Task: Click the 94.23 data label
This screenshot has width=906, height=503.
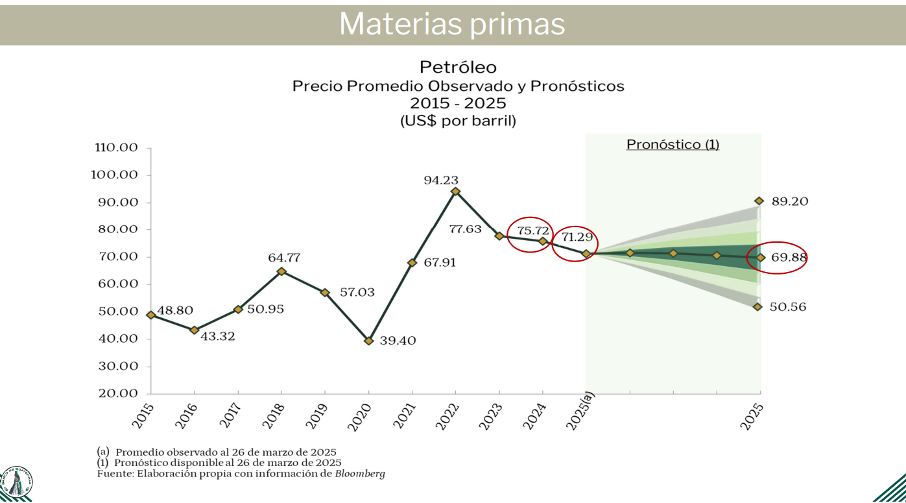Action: (x=441, y=180)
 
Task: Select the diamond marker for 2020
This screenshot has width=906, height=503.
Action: (x=369, y=340)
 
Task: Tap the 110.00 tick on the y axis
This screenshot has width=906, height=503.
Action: (x=116, y=148)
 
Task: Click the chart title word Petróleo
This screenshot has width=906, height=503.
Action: (x=458, y=67)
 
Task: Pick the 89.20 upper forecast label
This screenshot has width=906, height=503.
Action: (x=790, y=202)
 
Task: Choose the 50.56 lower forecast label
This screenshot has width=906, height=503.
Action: (x=788, y=307)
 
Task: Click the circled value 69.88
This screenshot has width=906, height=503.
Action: (x=789, y=258)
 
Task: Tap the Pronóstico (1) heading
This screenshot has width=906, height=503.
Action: (x=673, y=144)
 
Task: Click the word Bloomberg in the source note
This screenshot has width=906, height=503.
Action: (x=360, y=474)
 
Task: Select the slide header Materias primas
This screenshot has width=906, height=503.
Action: (x=452, y=25)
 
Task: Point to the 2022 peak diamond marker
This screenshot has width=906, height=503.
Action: (x=455, y=191)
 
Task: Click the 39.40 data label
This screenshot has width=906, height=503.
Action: (x=398, y=341)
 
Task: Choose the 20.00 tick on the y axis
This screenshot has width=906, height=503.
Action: (x=116, y=393)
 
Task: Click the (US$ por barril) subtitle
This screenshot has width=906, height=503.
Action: (x=458, y=121)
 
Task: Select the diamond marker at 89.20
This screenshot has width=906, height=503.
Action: (x=759, y=201)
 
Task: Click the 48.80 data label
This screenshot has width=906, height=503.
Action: (x=174, y=311)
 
